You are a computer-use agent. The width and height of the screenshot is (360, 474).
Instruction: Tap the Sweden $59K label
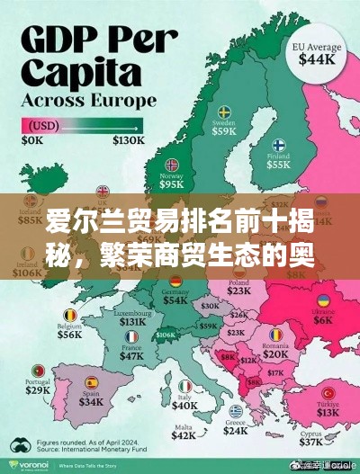[x=224, y=129]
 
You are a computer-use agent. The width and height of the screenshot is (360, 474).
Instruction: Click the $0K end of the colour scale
[x=33, y=141]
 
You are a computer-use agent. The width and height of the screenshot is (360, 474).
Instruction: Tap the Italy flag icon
[x=184, y=385]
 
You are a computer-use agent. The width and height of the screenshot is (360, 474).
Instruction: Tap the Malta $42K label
[x=184, y=434]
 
